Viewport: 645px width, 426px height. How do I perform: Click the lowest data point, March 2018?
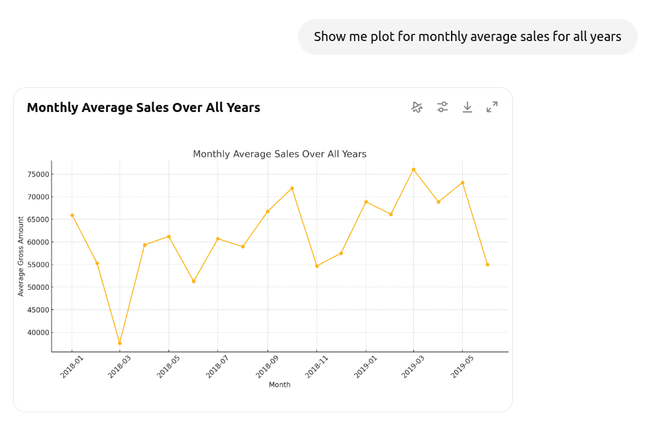[120, 343]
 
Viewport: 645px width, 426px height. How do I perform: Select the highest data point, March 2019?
[413, 169]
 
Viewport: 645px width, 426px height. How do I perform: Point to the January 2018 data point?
[72, 215]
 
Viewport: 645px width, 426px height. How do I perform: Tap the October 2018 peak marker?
[292, 188]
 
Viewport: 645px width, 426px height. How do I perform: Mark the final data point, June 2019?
[487, 264]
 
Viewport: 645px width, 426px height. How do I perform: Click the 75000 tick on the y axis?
[38, 175]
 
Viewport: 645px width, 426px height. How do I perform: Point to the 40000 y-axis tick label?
[38, 333]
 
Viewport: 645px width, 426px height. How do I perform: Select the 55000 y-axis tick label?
[38, 265]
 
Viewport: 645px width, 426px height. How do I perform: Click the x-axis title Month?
[280, 385]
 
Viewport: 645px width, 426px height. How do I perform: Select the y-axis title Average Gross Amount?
[21, 256]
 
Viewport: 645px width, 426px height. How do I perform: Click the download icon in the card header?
[467, 107]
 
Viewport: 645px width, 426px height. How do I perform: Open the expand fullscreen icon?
[492, 107]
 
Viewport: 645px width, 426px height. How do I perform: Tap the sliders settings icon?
[443, 107]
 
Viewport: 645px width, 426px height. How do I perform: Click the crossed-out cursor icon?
[417, 107]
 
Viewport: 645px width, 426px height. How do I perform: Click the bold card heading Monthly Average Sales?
[143, 108]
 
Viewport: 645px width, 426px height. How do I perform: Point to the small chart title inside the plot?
[280, 154]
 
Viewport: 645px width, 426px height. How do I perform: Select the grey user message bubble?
[467, 36]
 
